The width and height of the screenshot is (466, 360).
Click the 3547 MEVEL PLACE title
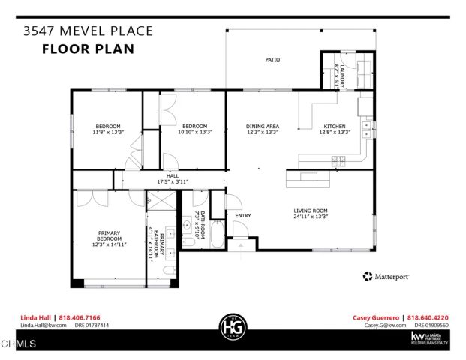(x=88, y=31)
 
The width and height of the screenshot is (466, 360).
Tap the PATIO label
(x=272, y=59)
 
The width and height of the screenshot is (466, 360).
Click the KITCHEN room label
(x=335, y=126)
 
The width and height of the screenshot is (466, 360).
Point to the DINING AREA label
(x=263, y=126)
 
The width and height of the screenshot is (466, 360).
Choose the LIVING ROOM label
(x=311, y=211)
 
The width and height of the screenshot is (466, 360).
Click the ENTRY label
(x=242, y=216)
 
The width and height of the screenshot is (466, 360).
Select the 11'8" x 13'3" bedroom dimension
(x=107, y=133)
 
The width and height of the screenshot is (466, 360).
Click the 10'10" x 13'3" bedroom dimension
(x=195, y=133)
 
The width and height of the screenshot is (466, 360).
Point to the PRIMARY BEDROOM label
(x=107, y=237)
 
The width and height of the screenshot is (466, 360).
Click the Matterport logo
(x=386, y=277)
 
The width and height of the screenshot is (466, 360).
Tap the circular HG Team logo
(x=232, y=327)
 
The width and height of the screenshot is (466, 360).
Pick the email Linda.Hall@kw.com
(x=43, y=325)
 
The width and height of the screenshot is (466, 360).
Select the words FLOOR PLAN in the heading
(x=88, y=50)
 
